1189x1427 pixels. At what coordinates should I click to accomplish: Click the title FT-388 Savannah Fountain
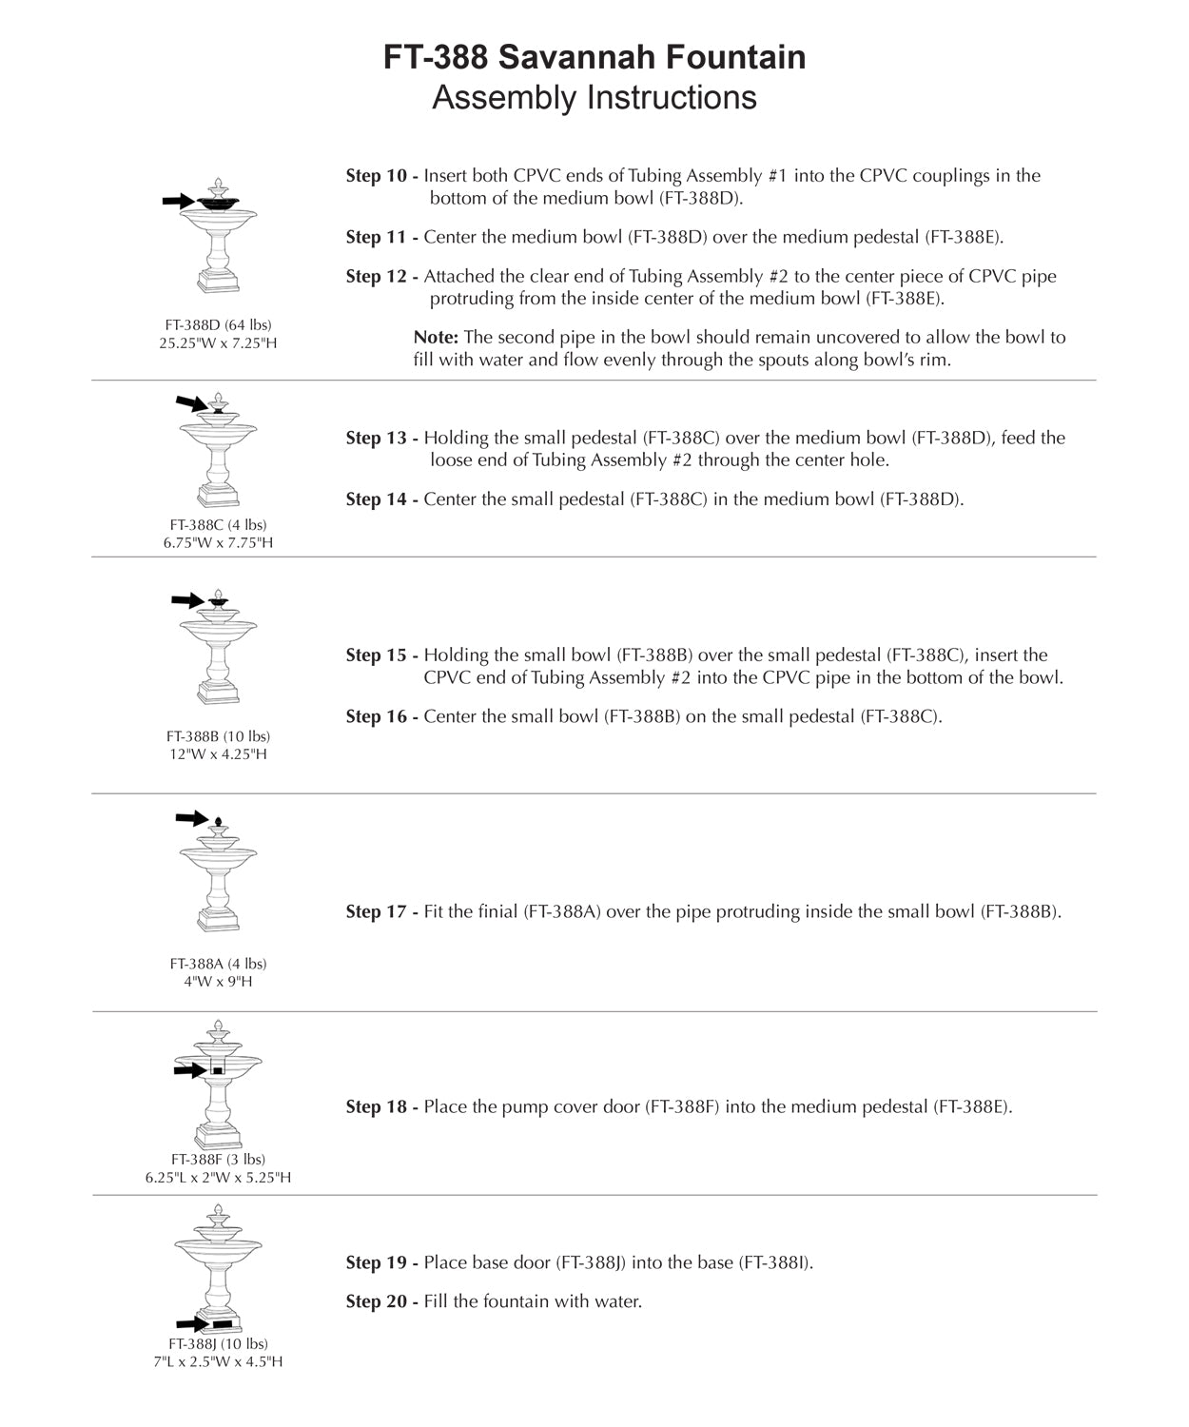pyautogui.click(x=594, y=58)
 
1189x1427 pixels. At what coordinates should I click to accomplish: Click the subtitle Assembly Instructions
pyautogui.click(x=594, y=98)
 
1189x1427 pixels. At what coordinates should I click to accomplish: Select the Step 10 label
pyautogui.click(x=381, y=176)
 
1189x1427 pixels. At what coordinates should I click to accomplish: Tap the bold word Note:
pyautogui.click(x=436, y=338)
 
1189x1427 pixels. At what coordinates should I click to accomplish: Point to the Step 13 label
pyautogui.click(x=381, y=439)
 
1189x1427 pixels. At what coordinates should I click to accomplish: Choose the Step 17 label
pyautogui.click(x=381, y=912)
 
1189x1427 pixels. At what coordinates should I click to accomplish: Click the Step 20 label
pyautogui.click(x=381, y=1301)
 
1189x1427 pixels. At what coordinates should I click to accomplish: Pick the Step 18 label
pyautogui.click(x=381, y=1107)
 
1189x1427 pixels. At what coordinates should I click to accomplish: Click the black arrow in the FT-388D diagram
pyautogui.click(x=177, y=201)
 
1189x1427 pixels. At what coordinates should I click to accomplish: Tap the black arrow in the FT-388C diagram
pyautogui.click(x=191, y=403)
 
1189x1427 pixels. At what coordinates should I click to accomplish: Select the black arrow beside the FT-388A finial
pyautogui.click(x=191, y=818)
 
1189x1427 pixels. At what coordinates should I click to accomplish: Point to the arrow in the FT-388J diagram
pyautogui.click(x=192, y=1324)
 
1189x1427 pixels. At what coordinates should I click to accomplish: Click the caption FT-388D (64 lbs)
pyautogui.click(x=218, y=325)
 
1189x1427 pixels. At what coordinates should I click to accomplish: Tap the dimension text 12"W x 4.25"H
pyautogui.click(x=218, y=754)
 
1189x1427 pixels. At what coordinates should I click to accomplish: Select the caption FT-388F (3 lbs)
pyautogui.click(x=218, y=1160)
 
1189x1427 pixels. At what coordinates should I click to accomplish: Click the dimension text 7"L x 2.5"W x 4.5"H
pyautogui.click(x=218, y=1362)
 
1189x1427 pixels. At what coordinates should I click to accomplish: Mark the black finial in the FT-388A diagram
pyautogui.click(x=218, y=821)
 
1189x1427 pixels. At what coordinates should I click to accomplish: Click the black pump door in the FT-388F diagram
pyautogui.click(x=218, y=1070)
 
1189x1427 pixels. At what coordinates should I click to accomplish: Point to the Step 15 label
pyautogui.click(x=381, y=655)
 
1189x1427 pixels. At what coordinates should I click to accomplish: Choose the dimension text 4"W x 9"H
pyautogui.click(x=218, y=982)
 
